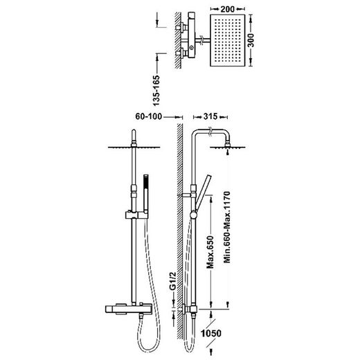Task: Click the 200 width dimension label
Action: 228,9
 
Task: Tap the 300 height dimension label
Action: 251,40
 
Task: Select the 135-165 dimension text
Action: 156,91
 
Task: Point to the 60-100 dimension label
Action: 149,116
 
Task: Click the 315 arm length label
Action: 210,116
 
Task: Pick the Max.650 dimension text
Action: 210,252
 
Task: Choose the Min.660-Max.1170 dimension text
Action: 227,227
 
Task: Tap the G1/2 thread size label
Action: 173,281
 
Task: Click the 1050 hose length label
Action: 211,333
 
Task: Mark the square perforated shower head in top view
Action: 227,40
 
